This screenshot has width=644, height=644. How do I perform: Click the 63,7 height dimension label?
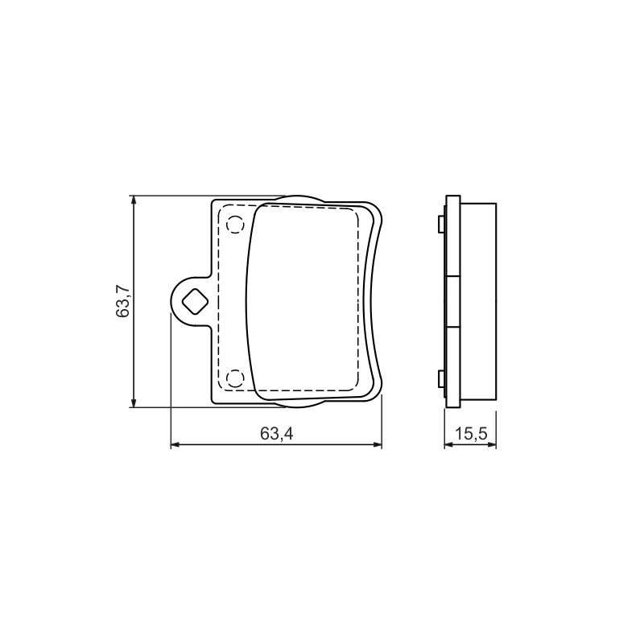122,300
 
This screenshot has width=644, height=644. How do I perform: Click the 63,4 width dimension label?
276,433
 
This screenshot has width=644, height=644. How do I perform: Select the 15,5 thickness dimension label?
471,433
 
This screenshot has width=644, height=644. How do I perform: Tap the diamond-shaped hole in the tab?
195,301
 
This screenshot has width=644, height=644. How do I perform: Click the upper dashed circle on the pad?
235,225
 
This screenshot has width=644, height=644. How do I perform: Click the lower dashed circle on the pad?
235,378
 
